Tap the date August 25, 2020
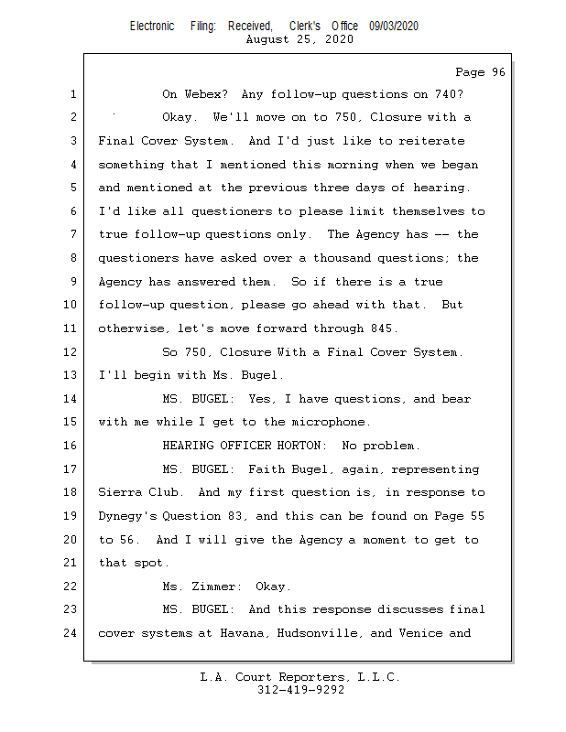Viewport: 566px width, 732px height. click(x=300, y=39)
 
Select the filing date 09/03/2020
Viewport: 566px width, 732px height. click(x=394, y=26)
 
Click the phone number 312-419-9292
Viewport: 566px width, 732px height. click(x=300, y=690)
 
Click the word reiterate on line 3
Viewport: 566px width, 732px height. click(x=429, y=141)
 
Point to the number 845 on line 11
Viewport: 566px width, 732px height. click(x=383, y=328)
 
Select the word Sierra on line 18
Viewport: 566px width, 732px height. click(x=119, y=492)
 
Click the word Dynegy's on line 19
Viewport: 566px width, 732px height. click(x=128, y=516)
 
